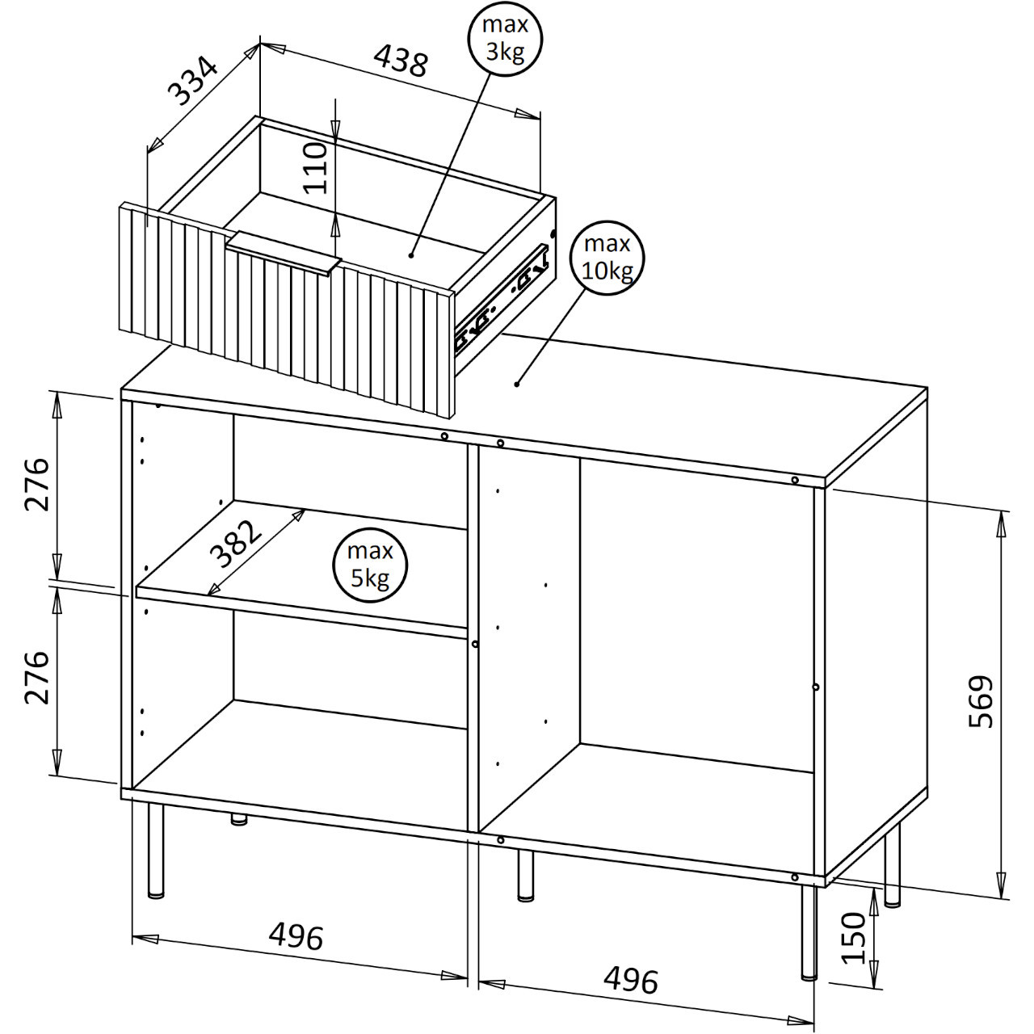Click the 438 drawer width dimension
tap(401, 60)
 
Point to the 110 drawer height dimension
tap(316, 167)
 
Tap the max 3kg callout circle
tap(505, 39)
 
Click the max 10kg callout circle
tap(607, 258)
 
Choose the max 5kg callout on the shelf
tap(370, 565)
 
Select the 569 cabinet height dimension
tap(981, 701)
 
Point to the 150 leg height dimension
tap(854, 945)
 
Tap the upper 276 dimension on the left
tap(37, 484)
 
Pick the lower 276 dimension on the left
tap(37, 677)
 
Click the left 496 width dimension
tap(296, 936)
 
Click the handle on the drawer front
tap(284, 253)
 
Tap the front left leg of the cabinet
tap(156, 851)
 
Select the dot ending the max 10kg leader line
tap(517, 384)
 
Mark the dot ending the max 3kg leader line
tap(411, 255)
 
